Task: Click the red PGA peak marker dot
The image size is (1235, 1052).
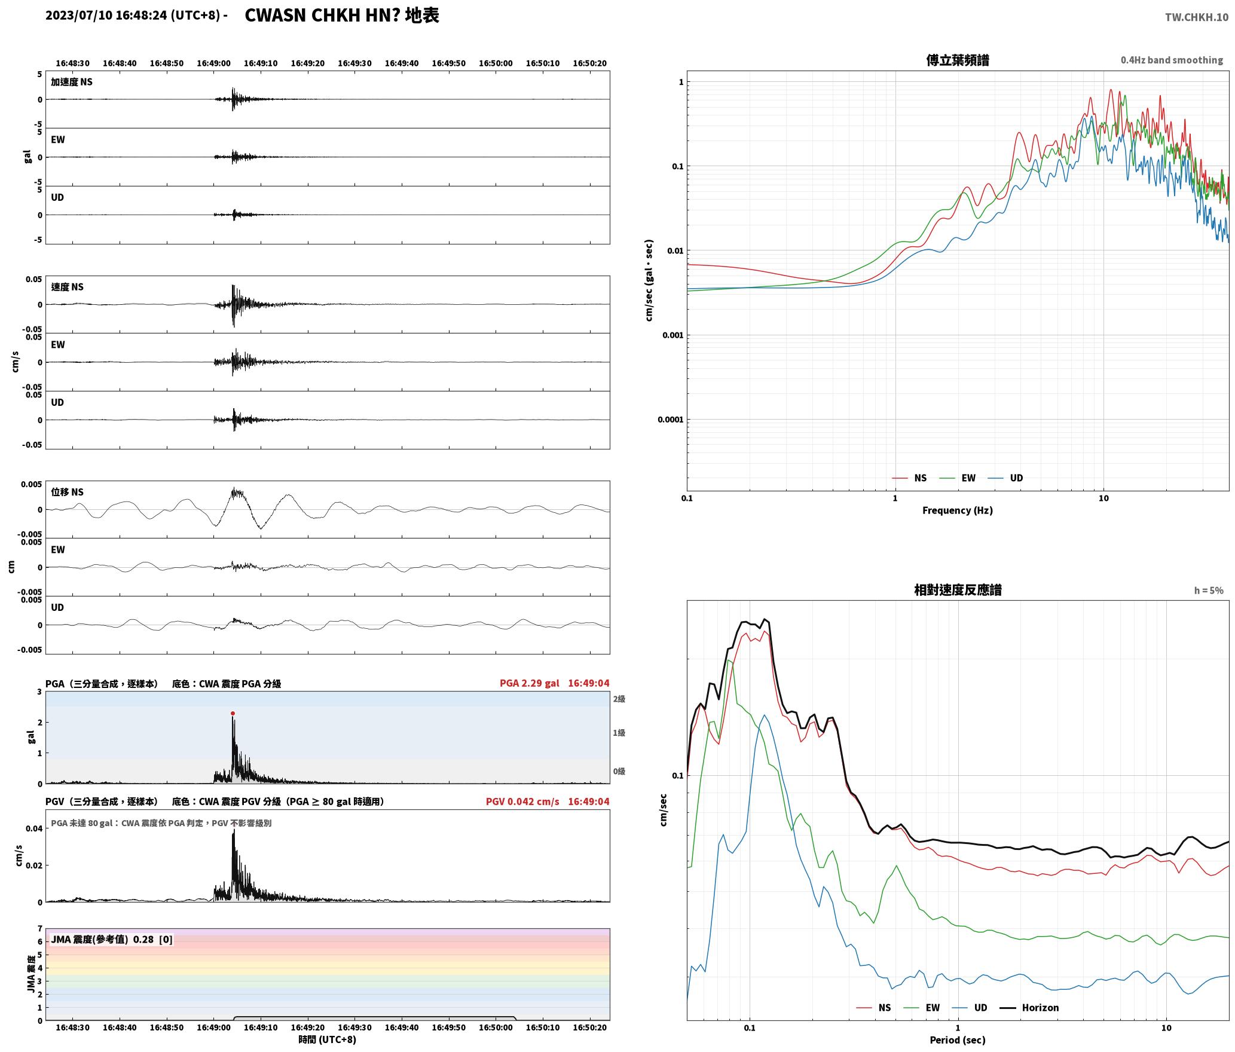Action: coord(233,713)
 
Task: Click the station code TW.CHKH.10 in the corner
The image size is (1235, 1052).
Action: coord(1197,17)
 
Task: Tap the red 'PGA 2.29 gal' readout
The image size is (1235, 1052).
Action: coord(530,683)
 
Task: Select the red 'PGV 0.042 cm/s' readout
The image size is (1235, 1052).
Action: coord(522,802)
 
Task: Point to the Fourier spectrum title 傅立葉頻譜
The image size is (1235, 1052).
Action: coord(958,60)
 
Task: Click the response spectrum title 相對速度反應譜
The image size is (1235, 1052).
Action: coord(958,590)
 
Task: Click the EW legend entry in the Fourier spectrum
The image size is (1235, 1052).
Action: coord(958,478)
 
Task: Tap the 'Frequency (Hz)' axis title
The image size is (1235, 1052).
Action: coord(958,510)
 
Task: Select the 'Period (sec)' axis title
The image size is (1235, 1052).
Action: coord(958,1040)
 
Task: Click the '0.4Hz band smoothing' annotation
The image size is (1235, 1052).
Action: coord(1172,60)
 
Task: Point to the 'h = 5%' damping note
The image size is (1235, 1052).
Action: coord(1209,591)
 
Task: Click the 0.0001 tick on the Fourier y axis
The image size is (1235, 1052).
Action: coord(670,420)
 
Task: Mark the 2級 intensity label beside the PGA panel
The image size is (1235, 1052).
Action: coord(619,699)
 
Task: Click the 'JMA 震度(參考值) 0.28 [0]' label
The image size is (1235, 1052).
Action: coord(112,940)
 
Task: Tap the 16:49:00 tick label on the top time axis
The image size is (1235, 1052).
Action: coord(214,63)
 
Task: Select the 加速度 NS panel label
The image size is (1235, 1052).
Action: coord(72,82)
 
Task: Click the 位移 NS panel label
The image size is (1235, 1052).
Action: coord(68,492)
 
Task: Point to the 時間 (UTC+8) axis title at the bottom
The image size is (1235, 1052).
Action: coord(328,1039)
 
